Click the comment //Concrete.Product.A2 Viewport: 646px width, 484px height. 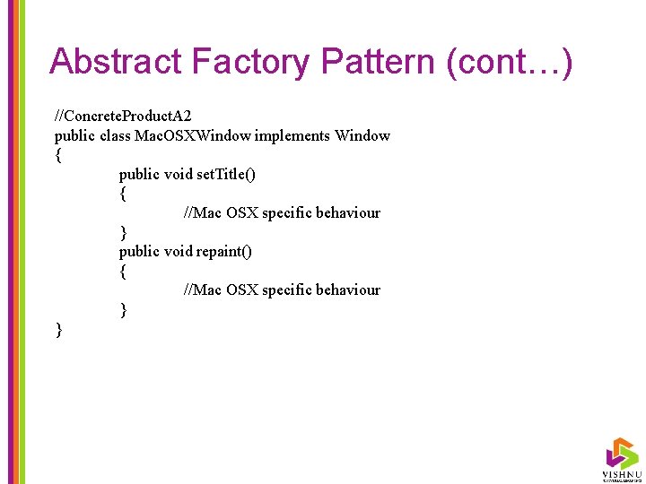coord(123,117)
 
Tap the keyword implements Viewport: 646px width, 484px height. coord(292,136)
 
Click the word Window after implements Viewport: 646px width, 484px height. coord(362,136)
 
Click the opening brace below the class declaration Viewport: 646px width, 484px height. coord(59,155)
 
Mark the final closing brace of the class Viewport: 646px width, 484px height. coord(59,330)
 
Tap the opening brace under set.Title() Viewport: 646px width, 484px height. coord(123,194)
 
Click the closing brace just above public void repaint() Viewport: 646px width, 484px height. coord(123,232)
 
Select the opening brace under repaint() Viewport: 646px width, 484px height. coord(123,271)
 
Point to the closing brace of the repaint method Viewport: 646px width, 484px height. coord(123,309)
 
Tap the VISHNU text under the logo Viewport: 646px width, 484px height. coord(621,472)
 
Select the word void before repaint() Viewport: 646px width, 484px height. coord(178,251)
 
